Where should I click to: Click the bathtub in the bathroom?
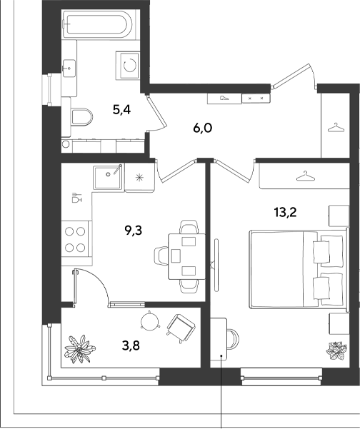(98, 24)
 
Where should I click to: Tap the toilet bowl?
(81, 117)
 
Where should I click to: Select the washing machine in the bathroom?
(128, 66)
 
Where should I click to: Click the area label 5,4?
(121, 110)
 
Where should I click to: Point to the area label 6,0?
(203, 128)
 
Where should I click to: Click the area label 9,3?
(134, 231)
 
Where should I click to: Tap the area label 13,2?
(286, 212)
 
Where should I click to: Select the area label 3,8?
(131, 345)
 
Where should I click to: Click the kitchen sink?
(108, 177)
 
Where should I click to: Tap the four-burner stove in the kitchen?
(75, 239)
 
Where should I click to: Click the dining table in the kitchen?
(187, 256)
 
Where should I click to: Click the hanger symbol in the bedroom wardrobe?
(306, 176)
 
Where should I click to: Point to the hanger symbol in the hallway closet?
(335, 128)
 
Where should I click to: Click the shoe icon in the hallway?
(225, 98)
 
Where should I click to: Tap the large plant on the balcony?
(79, 349)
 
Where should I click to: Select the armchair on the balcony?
(181, 328)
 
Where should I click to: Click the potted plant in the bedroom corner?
(336, 350)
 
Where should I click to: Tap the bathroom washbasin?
(69, 69)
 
